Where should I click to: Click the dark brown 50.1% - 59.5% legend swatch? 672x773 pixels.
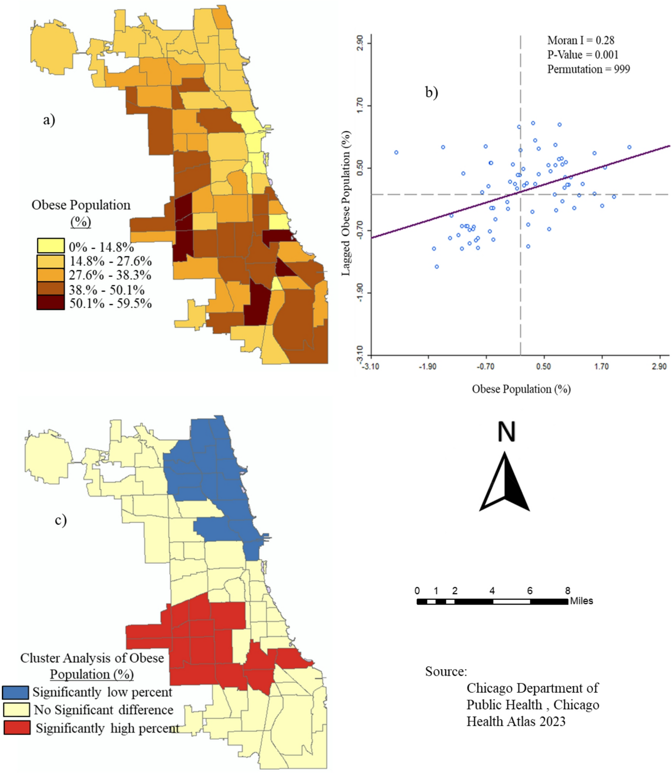click(x=51, y=303)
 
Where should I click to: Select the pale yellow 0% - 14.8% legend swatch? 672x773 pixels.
click(x=51, y=246)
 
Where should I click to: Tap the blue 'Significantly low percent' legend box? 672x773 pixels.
click(x=15, y=692)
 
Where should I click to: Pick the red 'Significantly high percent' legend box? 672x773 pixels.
click(x=17, y=727)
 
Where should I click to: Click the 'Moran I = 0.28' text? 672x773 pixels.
click(x=581, y=40)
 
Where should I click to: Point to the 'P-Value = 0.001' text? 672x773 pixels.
click(x=583, y=55)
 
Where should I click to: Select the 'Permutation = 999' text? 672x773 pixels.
click(x=589, y=69)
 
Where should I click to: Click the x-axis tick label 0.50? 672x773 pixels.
click(x=544, y=367)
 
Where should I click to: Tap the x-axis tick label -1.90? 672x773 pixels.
click(x=427, y=367)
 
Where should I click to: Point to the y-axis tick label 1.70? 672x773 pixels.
click(x=360, y=104)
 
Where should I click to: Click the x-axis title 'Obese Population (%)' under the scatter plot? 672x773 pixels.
click(x=521, y=389)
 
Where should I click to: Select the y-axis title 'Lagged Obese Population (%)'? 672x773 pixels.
click(x=346, y=203)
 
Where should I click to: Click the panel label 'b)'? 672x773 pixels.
click(x=431, y=92)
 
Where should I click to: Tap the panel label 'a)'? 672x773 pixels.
click(x=49, y=120)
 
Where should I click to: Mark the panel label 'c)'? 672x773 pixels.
click(x=61, y=520)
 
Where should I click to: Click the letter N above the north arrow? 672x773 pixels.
click(x=506, y=432)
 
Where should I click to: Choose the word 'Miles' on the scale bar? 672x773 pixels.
click(x=581, y=601)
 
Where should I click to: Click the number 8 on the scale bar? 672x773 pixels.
click(x=568, y=591)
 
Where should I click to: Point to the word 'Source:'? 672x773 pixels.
click(x=446, y=672)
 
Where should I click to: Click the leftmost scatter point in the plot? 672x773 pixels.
click(x=396, y=152)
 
